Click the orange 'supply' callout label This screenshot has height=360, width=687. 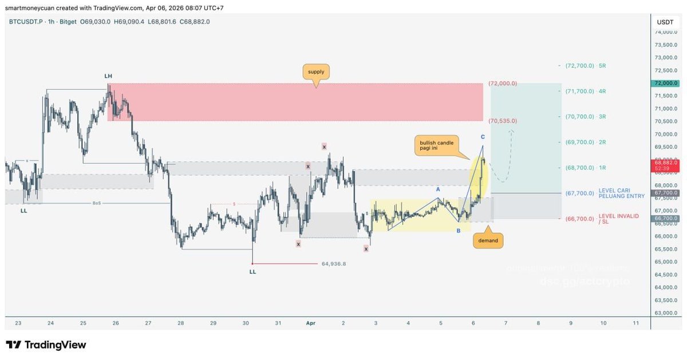click(316, 73)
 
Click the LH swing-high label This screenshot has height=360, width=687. click(108, 76)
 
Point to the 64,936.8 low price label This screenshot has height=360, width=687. click(334, 264)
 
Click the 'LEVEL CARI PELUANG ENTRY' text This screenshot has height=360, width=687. click(621, 193)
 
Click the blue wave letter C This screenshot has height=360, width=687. click(483, 137)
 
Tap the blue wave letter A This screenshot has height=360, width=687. click(438, 189)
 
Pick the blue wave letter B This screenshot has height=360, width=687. click(458, 231)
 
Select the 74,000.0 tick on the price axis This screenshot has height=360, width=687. click(665, 32)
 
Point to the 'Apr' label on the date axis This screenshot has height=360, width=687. click(311, 323)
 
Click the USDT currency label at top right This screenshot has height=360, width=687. click(665, 22)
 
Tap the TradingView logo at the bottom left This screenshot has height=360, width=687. click(46, 345)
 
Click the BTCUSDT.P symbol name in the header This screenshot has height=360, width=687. click(25, 22)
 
